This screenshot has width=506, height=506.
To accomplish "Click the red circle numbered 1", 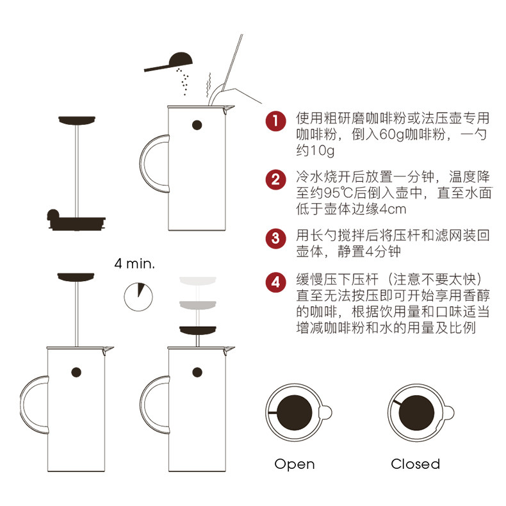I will point(275,120).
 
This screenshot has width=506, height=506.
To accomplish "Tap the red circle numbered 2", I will point(275,179).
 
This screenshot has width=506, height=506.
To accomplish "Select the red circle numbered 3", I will point(275,238).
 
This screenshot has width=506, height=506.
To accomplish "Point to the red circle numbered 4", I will point(275,281).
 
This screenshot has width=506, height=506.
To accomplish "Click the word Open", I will point(294,464).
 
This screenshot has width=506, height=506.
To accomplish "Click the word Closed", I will point(415,464).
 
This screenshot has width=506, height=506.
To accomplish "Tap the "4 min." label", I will point(135,263).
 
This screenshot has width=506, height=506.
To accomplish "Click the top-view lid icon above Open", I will point(295,413).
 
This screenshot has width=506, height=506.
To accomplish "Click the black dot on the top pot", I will point(197,125).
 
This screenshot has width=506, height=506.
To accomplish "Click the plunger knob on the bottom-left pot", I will point(76,276).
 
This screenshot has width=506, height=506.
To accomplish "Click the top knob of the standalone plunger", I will point(76,120).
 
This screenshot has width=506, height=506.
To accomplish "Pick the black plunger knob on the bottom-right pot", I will point(197,330).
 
